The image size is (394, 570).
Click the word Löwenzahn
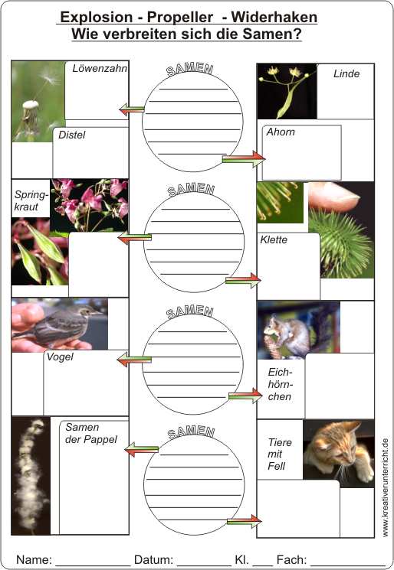(100, 68)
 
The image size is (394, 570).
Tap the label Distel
(72, 135)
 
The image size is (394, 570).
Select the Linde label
(346, 73)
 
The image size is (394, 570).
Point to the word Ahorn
(281, 132)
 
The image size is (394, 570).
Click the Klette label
(274, 239)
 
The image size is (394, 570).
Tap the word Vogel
(60, 357)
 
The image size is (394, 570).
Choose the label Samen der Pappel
(91, 433)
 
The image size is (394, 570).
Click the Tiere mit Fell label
(280, 454)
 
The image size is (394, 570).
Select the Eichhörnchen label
(281, 384)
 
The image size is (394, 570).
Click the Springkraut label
(31, 200)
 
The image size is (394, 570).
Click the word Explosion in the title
(97, 17)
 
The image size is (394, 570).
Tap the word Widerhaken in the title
(274, 17)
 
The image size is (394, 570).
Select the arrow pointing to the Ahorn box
(244, 159)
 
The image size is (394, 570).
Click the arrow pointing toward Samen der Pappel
(142, 449)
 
